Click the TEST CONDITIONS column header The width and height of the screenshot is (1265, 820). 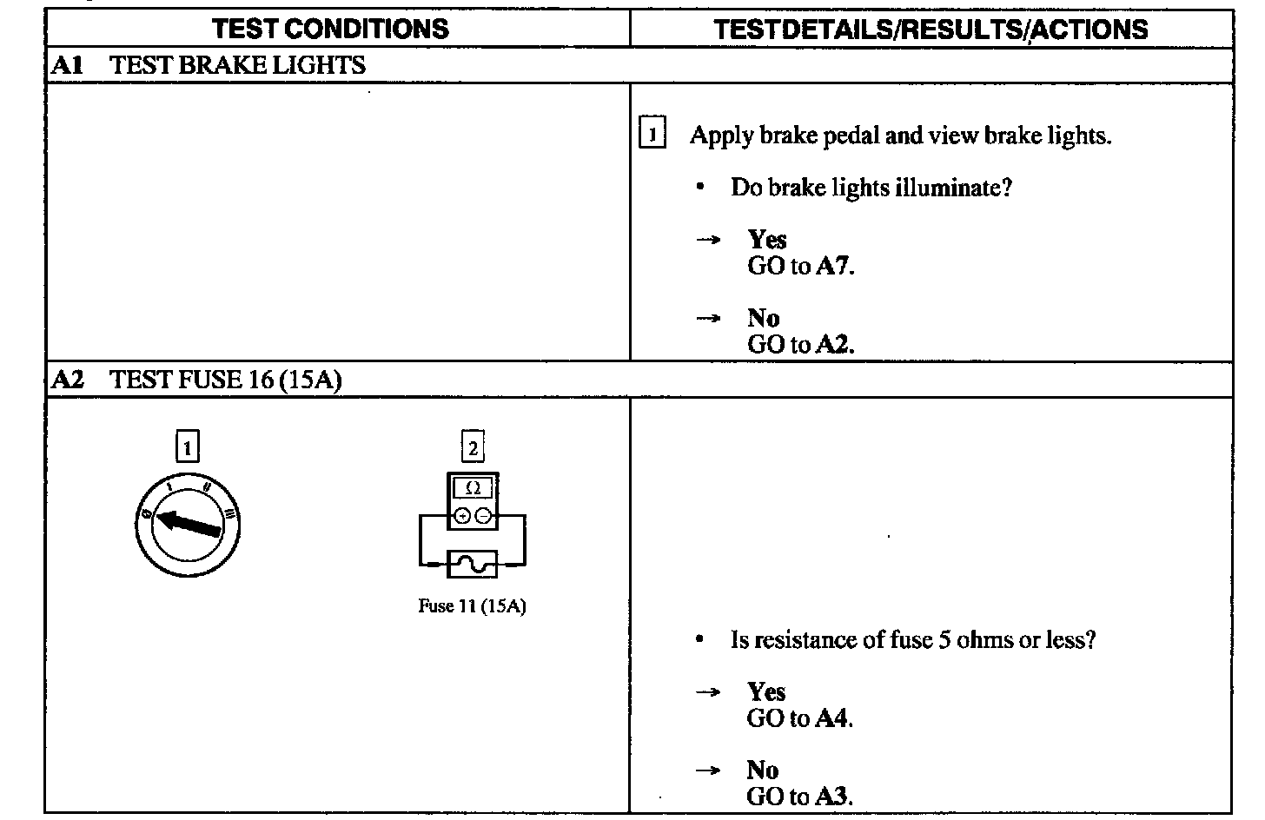[331, 29]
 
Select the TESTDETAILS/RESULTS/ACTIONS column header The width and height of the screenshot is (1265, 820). [931, 30]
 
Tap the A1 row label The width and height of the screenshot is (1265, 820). [67, 65]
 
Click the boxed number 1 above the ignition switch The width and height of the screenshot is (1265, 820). [187, 447]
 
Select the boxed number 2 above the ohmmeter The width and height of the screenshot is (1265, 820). [473, 447]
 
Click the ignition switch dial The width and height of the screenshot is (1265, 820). [188, 524]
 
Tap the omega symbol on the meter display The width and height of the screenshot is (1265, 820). [474, 488]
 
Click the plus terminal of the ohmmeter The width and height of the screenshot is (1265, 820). [462, 516]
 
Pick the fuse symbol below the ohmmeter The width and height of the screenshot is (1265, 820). [472, 565]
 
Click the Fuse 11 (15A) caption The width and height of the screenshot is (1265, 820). [472, 606]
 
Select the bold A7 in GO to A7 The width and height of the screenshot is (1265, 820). [833, 266]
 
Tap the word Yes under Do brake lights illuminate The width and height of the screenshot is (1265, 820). [767, 240]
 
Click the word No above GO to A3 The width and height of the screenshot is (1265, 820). [762, 770]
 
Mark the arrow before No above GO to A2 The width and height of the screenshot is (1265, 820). [708, 318]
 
